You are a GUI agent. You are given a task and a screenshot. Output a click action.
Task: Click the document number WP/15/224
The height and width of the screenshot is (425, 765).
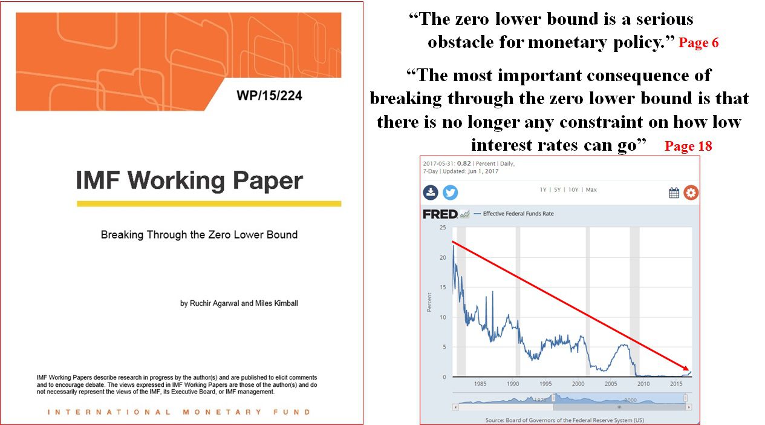click(269, 96)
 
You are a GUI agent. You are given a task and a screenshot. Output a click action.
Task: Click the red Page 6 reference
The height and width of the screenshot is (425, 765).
click(698, 42)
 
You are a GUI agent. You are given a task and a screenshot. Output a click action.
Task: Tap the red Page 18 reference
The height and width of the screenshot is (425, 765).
click(688, 146)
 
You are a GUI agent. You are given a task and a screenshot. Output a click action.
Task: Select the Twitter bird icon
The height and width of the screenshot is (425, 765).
click(451, 193)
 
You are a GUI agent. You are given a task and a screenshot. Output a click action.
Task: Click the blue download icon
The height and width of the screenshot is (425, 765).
click(431, 192)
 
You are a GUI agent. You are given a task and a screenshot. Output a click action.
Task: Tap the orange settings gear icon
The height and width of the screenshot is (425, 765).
click(691, 193)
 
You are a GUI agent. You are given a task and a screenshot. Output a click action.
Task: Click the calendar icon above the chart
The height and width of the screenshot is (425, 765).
click(674, 193)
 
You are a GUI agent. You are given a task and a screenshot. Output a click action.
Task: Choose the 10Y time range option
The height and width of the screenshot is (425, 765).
click(573, 189)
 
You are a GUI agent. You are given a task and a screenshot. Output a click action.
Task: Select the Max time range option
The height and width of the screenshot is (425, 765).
click(591, 189)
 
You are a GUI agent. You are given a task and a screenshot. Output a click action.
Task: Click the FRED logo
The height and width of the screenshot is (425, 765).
click(440, 214)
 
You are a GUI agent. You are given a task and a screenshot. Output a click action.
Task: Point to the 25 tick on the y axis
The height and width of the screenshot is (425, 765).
click(443, 228)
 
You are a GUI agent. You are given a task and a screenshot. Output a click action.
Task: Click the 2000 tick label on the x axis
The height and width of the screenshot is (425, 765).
click(578, 384)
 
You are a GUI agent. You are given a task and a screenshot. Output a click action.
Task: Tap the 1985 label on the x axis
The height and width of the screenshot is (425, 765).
click(480, 384)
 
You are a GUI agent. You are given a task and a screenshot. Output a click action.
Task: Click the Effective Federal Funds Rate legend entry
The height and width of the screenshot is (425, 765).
click(518, 214)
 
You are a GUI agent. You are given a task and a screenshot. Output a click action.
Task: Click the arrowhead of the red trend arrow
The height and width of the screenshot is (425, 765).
click(687, 369)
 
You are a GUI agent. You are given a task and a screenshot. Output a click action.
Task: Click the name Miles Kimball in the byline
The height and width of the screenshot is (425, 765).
click(276, 303)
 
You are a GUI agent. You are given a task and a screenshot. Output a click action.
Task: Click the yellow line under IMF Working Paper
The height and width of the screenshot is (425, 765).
click(209, 204)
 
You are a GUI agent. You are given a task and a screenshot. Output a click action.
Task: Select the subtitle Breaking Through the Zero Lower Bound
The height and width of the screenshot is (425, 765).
click(199, 235)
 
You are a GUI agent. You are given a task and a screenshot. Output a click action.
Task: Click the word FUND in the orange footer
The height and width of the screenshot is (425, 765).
click(292, 412)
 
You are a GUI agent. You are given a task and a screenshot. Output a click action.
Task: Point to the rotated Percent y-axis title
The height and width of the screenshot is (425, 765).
click(429, 302)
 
